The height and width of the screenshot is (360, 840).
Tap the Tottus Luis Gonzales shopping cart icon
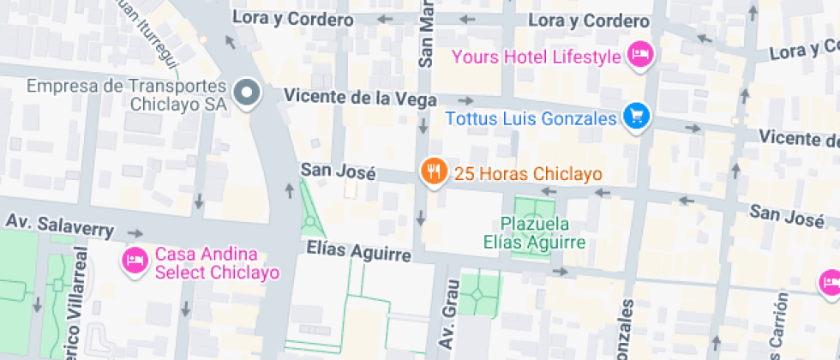coord(635,117)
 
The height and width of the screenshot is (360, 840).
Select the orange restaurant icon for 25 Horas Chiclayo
coord(435,171)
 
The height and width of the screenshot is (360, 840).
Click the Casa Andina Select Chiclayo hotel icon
coord(135,258)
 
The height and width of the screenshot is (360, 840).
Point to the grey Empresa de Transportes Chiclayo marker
coord(247,93)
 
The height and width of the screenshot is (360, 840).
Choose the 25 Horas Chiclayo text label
coord(528,173)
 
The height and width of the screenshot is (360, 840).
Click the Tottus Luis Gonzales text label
coord(531,118)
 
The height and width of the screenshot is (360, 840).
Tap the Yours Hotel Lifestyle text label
coord(536,57)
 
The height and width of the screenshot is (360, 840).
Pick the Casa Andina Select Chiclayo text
coord(218,265)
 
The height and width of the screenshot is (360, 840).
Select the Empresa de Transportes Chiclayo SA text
coord(127,95)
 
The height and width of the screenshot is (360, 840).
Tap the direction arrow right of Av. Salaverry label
coord(135,232)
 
